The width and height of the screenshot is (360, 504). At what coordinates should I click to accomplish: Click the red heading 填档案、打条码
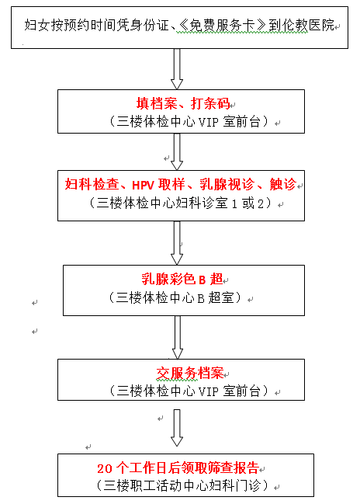(179, 103)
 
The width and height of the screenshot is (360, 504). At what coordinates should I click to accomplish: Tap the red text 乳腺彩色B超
(179, 280)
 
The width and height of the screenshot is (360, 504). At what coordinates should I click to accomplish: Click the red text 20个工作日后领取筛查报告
(181, 468)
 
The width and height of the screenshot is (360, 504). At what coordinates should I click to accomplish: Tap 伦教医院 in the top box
(307, 26)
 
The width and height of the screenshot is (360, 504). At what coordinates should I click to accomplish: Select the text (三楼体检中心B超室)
(179, 297)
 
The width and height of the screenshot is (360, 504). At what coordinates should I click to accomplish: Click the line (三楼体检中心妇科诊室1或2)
(180, 203)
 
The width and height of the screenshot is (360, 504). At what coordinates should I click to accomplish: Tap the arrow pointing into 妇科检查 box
(177, 153)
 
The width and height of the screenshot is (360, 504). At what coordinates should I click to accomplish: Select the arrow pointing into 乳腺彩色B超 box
(177, 243)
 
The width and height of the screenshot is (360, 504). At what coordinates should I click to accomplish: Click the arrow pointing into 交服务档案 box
(177, 335)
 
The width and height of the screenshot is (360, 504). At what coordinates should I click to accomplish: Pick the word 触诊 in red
(282, 184)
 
